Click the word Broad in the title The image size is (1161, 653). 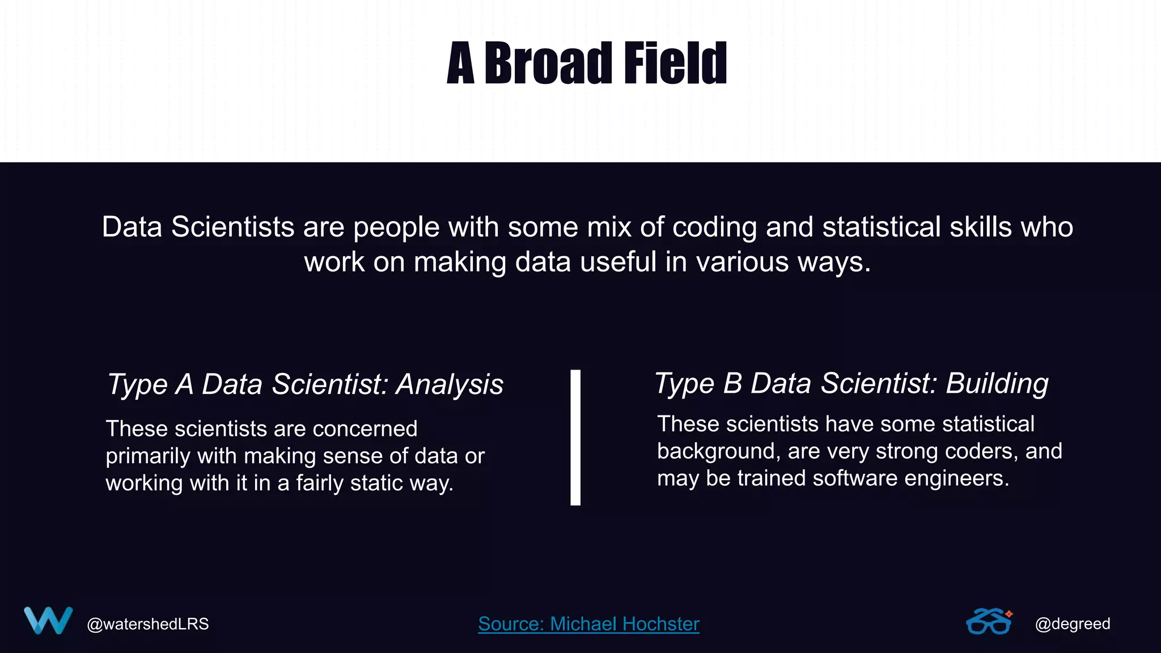pyautogui.click(x=548, y=63)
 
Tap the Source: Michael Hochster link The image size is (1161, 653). pyautogui.click(x=588, y=624)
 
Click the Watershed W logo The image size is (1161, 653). pyautogui.click(x=48, y=621)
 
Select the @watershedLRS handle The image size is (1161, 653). pyautogui.click(x=147, y=624)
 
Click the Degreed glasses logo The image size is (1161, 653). pyautogui.click(x=989, y=621)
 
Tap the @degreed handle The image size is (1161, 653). pyautogui.click(x=1072, y=624)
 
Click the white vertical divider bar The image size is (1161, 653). pyautogui.click(x=575, y=437)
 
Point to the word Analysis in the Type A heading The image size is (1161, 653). pyautogui.click(x=450, y=384)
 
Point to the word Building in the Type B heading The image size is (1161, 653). pyautogui.click(x=997, y=383)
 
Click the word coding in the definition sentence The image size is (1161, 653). pyautogui.click(x=714, y=227)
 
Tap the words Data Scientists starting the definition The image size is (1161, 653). pyautogui.click(x=198, y=227)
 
